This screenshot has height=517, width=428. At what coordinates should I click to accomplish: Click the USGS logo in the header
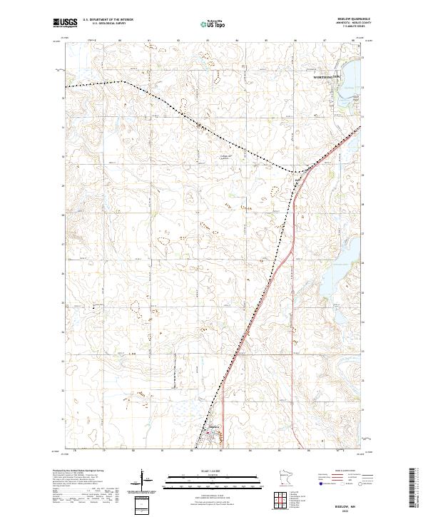(66, 24)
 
